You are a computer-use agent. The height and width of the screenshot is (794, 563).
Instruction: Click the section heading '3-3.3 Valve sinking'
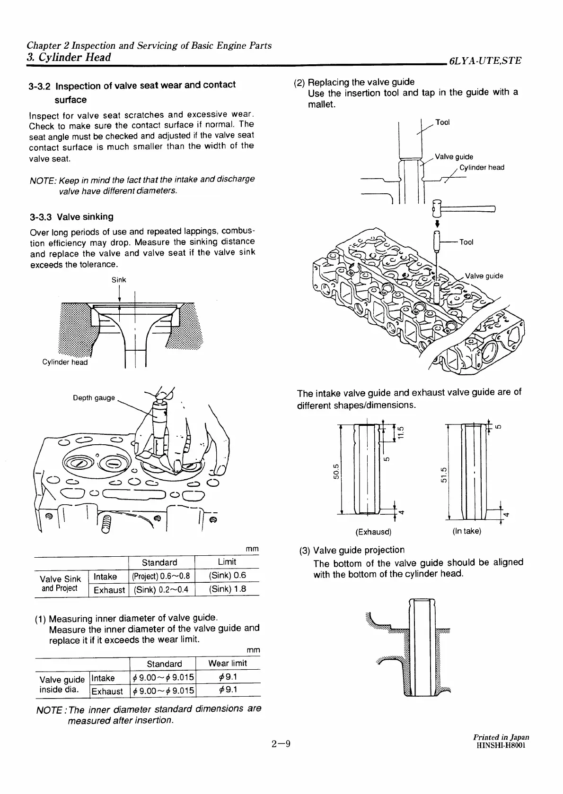click(x=71, y=217)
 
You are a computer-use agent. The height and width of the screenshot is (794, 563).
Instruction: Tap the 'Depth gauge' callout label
click(x=93, y=397)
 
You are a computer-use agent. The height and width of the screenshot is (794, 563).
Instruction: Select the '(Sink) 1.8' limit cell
click(x=227, y=589)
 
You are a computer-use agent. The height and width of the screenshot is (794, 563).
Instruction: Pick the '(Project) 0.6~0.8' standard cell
click(x=161, y=576)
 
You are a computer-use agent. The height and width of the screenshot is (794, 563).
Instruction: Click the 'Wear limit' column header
click(x=227, y=663)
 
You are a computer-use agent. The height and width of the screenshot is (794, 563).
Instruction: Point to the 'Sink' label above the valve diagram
click(x=119, y=280)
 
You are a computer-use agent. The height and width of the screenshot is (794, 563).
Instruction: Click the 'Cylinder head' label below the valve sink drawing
click(x=65, y=362)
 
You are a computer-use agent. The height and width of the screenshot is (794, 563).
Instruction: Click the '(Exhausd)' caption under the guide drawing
click(x=373, y=532)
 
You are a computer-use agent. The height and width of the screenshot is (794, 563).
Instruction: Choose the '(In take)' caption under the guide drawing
click(x=466, y=531)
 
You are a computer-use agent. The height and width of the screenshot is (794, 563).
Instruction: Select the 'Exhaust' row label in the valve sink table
click(x=109, y=590)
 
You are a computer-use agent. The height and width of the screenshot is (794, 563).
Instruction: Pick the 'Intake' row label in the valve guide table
click(x=103, y=678)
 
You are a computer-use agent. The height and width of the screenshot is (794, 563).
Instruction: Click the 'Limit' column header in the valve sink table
click(x=227, y=562)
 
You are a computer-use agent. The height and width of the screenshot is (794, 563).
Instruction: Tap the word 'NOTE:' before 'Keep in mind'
click(x=43, y=180)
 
